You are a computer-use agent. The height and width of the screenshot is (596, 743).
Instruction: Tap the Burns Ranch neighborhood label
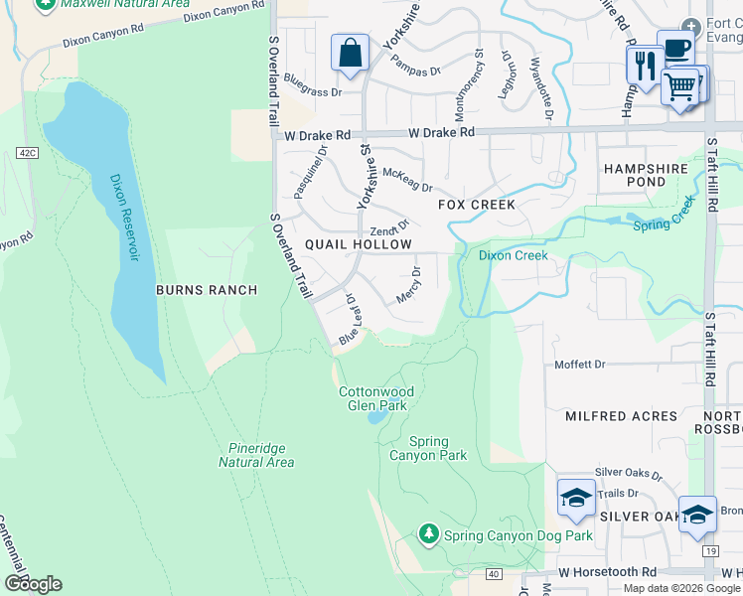tap(207, 290)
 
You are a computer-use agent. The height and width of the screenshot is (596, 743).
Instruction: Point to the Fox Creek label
tap(478, 205)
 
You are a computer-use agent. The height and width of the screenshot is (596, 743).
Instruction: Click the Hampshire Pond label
tap(647, 176)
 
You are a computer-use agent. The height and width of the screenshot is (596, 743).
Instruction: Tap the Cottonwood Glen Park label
tap(376, 398)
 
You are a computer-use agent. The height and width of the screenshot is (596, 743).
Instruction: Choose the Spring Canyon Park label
tap(438, 449)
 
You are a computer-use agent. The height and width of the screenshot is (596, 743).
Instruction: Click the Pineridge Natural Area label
tap(256, 455)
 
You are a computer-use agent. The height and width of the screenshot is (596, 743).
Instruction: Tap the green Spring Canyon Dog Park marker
tap(428, 534)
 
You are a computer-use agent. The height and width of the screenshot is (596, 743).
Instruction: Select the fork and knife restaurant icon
tap(644, 66)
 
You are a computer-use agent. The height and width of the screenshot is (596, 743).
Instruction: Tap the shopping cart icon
tap(680, 86)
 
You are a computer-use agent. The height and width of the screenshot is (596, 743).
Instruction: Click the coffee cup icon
tap(675, 48)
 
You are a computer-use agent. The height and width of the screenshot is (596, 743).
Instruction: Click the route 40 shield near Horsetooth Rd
tap(494, 573)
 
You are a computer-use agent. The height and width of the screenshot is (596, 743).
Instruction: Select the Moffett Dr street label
tap(579, 365)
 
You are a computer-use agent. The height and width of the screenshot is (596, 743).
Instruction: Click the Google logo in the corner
tap(33, 584)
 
